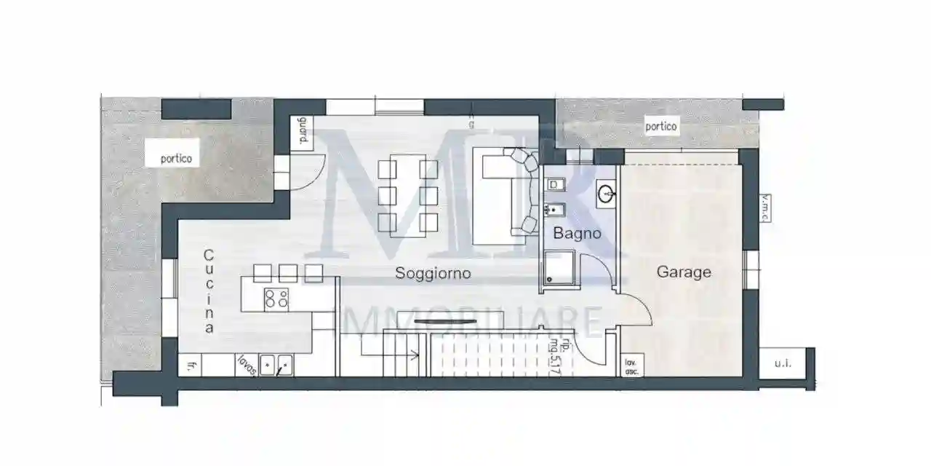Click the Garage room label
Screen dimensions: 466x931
pos(684,272)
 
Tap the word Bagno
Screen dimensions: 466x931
pos(578,234)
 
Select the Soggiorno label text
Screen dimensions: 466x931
pos(433,273)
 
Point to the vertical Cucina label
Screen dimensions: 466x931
pos(209,291)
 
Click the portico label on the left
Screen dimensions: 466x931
pos(177,157)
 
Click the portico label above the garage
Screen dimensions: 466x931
pos(661,126)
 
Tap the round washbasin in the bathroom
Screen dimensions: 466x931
pos(605,194)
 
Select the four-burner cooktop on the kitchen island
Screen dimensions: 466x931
pos(276,298)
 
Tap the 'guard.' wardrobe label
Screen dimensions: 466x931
pos(302,133)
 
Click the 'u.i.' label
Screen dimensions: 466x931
pos(783,363)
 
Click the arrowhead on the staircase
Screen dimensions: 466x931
pos(415,356)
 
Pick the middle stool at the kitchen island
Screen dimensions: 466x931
pos(288,273)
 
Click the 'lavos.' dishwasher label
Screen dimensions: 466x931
pos(247,364)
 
